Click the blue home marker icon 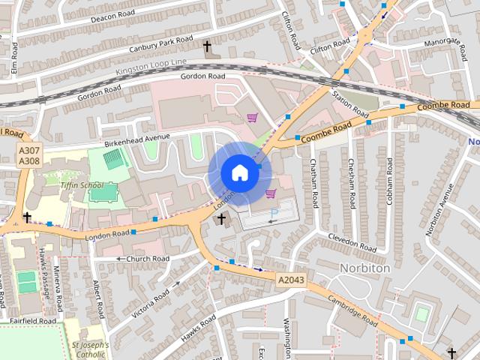pyautogui.click(x=239, y=172)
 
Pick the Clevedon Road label pyautogui.click(x=352, y=242)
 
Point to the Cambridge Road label pyautogui.click(x=352, y=309)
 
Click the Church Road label pyautogui.click(x=148, y=259)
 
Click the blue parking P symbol pyautogui.click(x=274, y=214)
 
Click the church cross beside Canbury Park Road pyautogui.click(x=207, y=47)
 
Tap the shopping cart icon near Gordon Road pyautogui.click(x=252, y=118)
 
